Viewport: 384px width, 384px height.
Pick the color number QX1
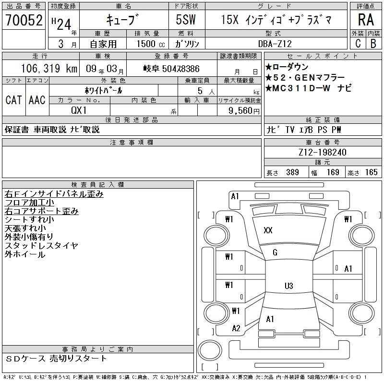click(x=80, y=110)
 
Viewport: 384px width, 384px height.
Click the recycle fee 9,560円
click(x=240, y=110)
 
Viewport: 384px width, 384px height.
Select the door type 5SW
click(x=187, y=20)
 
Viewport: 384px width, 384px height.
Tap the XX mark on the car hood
click(x=268, y=230)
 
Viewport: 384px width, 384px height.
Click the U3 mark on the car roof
click(x=288, y=286)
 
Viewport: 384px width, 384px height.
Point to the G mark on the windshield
click(x=275, y=252)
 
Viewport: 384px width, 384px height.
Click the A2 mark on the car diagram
click(x=236, y=328)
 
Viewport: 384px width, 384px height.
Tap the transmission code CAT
click(x=13, y=100)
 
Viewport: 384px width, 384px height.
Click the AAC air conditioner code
click(x=37, y=100)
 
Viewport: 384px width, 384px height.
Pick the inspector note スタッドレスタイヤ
click(x=41, y=246)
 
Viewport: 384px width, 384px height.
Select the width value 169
click(x=333, y=172)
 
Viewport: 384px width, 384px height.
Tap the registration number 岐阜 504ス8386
click(x=171, y=69)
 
